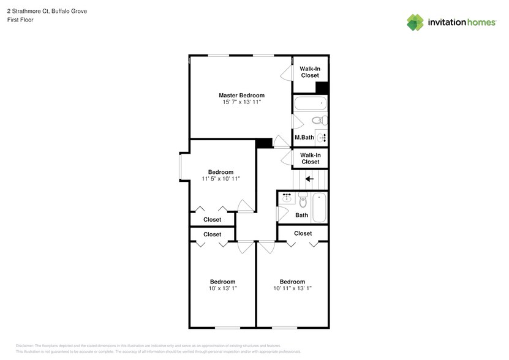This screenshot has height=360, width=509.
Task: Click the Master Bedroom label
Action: point(241,95)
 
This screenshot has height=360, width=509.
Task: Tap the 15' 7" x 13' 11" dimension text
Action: point(241,102)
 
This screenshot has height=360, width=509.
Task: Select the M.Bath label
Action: point(304,137)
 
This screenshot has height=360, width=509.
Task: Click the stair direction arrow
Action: point(309,179)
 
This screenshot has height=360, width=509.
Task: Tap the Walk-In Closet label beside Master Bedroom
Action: point(310,72)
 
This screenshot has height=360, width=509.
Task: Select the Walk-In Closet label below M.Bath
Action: point(310,159)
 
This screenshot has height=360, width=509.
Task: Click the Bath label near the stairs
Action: point(301,215)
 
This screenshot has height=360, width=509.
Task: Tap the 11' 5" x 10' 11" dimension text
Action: point(221,179)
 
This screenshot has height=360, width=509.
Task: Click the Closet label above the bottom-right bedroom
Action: point(303,233)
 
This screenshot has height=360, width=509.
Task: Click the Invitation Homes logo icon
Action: point(415,22)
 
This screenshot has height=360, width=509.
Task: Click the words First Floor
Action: point(20,20)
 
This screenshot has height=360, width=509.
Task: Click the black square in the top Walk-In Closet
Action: point(322,88)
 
